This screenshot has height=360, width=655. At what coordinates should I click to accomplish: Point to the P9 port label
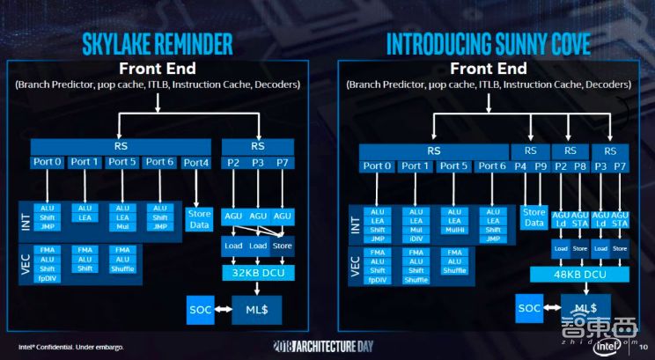point(542,165)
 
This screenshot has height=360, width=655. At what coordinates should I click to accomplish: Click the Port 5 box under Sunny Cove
point(453,165)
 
